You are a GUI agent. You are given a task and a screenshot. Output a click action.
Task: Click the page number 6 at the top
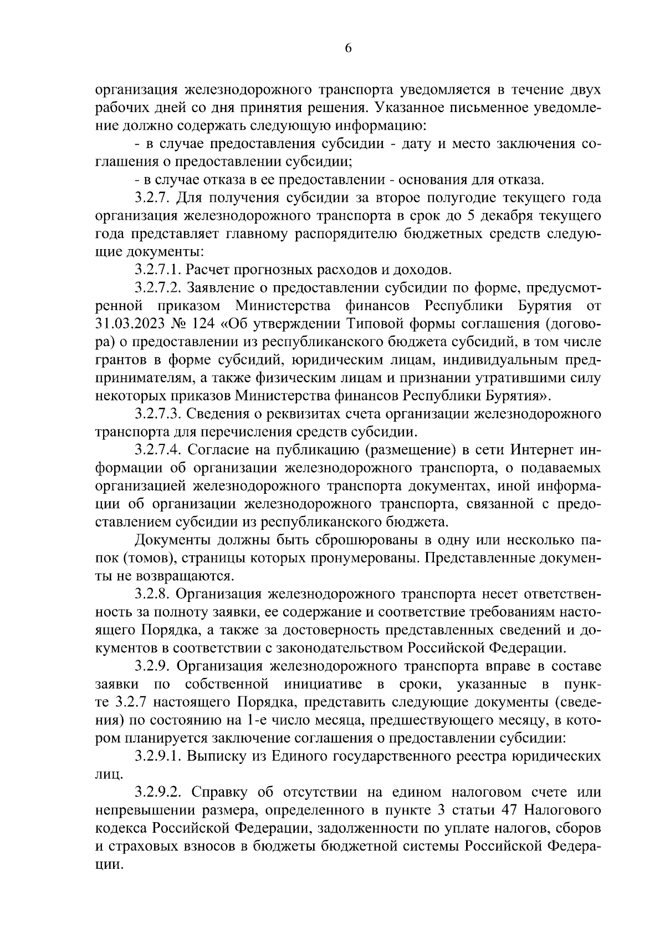click(348, 48)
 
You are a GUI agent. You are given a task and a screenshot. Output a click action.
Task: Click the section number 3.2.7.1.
click(158, 270)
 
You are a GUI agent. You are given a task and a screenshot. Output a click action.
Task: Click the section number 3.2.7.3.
click(158, 414)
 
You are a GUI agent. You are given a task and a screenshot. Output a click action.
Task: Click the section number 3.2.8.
click(152, 594)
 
